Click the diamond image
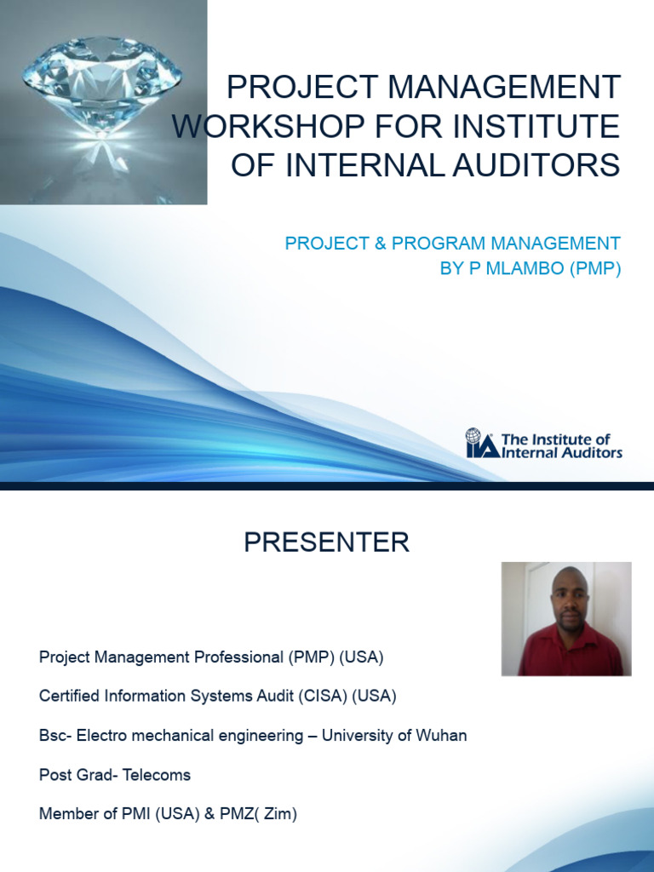tap(102, 94)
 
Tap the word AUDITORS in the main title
tap(540, 165)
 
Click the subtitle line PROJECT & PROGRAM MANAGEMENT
tap(452, 244)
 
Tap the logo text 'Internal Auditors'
tap(562, 452)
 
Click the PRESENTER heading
tap(326, 542)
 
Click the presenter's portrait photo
tap(566, 618)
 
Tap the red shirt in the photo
tap(571, 655)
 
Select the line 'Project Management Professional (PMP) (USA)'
tap(211, 657)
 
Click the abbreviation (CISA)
tap(324, 696)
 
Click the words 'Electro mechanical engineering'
tap(190, 735)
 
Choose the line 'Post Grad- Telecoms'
tap(115, 775)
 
